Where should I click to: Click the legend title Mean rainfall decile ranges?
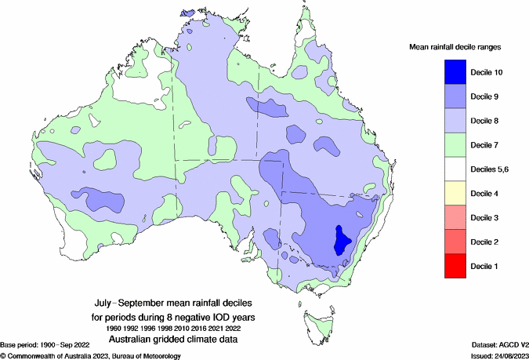point(455,47)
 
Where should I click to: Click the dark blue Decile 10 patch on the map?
point(342,239)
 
